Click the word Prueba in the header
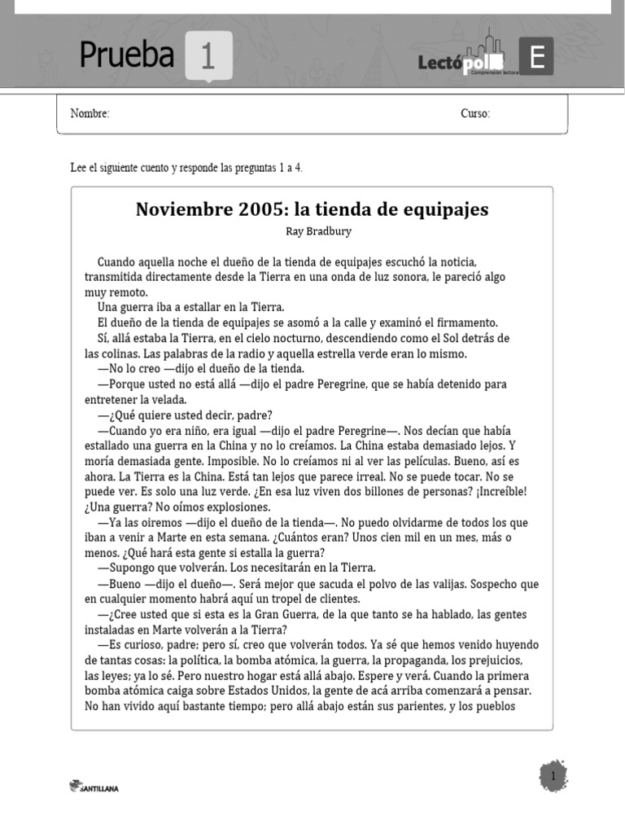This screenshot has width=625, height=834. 126,55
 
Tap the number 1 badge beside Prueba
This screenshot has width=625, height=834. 208,57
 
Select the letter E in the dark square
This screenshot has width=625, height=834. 536,57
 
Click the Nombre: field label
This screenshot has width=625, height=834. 90,114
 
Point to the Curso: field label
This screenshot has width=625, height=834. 475,114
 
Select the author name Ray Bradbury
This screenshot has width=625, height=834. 319,231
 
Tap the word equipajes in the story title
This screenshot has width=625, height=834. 444,209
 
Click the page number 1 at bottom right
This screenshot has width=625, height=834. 553,777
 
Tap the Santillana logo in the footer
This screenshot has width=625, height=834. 94,787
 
